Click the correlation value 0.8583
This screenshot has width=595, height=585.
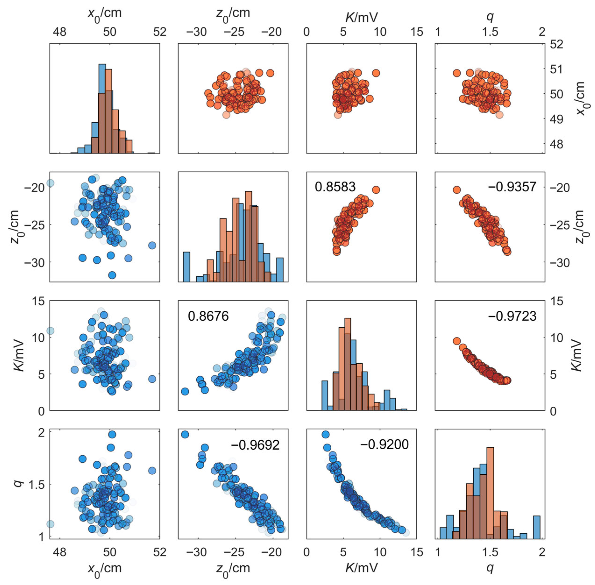335,187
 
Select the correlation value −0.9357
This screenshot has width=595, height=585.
512,187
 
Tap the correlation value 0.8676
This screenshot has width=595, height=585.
208,316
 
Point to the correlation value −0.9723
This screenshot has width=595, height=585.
512,316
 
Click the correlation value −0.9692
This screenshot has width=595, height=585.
255,445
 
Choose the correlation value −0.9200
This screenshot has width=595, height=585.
384,444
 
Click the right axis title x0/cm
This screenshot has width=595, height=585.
580,98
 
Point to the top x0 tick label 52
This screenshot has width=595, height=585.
159,32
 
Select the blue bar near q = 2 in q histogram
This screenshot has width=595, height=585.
536,527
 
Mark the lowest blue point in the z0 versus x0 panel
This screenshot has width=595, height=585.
112,275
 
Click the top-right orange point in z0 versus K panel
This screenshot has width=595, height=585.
376,190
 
